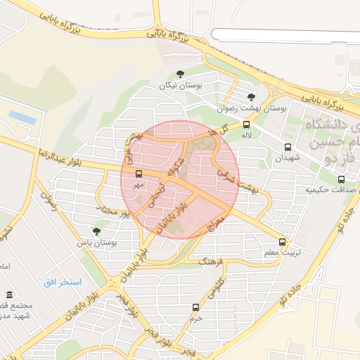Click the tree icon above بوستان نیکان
coord(181,73)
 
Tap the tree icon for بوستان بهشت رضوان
coord(252,97)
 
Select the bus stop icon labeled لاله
coord(246,124)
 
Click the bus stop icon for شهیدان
coord(288,147)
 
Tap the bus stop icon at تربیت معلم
coord(282,242)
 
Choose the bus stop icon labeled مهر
coord(138,174)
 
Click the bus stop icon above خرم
coord(195,307)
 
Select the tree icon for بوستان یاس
coord(96,231)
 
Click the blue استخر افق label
coord(61,282)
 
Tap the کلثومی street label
coord(217,286)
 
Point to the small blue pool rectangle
coord(22,118)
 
